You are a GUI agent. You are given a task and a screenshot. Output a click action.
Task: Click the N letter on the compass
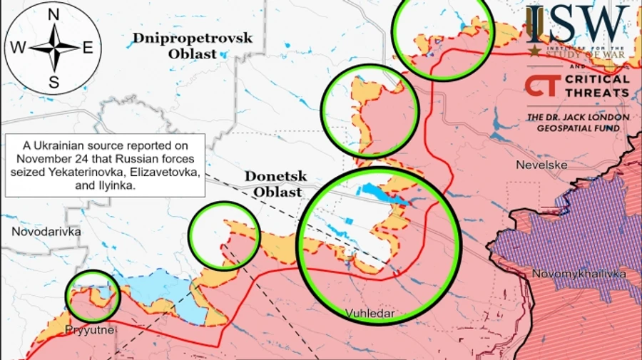[53, 15]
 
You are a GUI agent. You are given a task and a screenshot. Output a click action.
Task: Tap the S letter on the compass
[53, 82]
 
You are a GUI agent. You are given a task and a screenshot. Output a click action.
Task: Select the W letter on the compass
[18, 48]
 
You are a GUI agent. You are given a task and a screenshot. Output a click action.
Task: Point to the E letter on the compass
[88, 48]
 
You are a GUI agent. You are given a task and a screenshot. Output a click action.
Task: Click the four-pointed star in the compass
[53, 48]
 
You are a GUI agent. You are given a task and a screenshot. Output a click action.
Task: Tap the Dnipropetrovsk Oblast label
[192, 45]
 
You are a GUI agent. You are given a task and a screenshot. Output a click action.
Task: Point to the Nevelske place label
[541, 165]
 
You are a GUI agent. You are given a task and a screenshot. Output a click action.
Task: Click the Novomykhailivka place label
[579, 274]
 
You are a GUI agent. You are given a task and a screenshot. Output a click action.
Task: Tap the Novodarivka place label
[46, 232]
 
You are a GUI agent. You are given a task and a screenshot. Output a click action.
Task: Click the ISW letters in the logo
[579, 25]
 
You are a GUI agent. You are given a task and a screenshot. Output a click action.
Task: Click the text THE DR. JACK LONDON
[578, 117]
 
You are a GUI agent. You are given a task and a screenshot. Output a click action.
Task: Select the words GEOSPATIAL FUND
[578, 128]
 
